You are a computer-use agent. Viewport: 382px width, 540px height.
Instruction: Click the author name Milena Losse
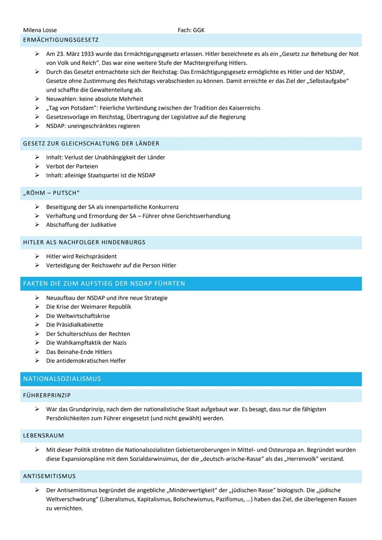click(40, 30)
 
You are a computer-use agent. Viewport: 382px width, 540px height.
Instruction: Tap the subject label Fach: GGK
click(191, 30)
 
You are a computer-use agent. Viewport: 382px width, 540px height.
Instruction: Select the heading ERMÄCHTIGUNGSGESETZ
click(61, 40)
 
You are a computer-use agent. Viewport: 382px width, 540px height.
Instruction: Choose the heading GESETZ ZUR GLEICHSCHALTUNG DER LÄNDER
click(91, 144)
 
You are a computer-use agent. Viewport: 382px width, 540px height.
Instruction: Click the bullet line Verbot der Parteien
click(72, 166)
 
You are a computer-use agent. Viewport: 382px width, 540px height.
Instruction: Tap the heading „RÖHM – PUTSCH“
click(51, 193)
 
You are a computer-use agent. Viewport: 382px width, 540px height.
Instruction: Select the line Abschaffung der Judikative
click(81, 225)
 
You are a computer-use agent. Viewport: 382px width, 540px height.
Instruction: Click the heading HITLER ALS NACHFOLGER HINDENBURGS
click(84, 243)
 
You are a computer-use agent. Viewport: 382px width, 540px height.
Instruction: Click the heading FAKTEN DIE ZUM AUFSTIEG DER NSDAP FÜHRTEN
click(104, 284)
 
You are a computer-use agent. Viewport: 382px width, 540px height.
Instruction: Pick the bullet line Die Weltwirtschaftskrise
click(78, 316)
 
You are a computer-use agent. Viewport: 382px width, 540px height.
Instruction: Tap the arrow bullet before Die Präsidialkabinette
click(37, 325)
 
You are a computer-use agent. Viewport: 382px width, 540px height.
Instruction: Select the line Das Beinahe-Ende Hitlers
click(79, 352)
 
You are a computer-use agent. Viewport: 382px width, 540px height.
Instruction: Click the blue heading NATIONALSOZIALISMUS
click(62, 379)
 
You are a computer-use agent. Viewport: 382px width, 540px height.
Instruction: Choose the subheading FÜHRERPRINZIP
click(47, 395)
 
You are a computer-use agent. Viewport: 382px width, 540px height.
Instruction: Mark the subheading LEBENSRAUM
click(44, 436)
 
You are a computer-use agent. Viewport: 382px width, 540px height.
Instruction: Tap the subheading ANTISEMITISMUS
click(50, 476)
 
